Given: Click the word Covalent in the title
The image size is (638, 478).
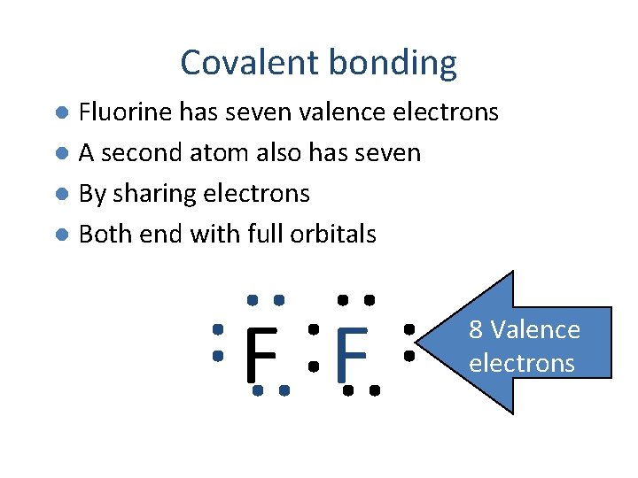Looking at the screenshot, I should [250, 63].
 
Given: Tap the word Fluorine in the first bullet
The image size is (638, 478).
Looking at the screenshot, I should [125, 112].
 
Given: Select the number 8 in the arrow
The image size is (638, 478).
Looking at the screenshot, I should [476, 330].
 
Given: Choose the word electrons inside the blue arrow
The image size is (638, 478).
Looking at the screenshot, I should [522, 363].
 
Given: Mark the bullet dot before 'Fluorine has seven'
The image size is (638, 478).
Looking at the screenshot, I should [60, 113].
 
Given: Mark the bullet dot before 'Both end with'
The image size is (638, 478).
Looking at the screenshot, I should [60, 235].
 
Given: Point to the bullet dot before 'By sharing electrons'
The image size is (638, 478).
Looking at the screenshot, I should [60, 194].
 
